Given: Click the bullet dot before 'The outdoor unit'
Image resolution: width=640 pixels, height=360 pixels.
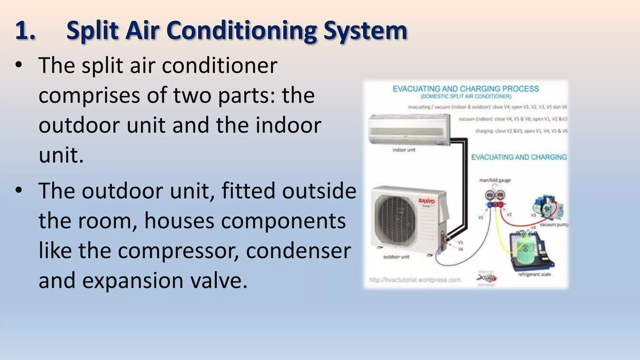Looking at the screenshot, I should (x=19, y=190).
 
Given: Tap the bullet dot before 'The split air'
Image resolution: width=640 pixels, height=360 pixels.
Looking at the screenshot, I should (x=19, y=65).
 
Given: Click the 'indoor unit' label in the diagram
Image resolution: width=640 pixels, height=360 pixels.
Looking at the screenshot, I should (x=404, y=150).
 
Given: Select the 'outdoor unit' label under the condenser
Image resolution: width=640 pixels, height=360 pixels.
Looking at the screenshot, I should (x=396, y=257).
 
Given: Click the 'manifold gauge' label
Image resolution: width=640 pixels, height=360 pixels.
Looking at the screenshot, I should (x=495, y=180).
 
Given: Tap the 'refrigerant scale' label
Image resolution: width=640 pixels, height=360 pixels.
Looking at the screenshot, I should (x=534, y=274).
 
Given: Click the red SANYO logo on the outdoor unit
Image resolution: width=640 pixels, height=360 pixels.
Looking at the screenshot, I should (x=427, y=201).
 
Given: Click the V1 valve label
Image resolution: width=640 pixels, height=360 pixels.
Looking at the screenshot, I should (x=481, y=217).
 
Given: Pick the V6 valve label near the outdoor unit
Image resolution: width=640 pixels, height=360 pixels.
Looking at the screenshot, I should (x=460, y=249).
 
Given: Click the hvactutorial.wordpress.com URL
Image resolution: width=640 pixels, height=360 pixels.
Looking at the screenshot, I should (x=415, y=280).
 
